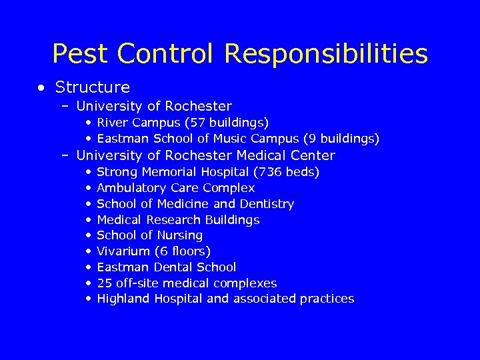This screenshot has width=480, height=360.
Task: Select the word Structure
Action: (x=93, y=87)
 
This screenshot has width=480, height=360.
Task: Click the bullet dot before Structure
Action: (x=42, y=87)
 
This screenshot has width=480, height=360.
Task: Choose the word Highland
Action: (x=124, y=299)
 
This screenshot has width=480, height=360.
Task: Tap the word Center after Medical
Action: (x=313, y=155)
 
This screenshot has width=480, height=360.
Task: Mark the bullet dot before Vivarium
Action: (x=88, y=251)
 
